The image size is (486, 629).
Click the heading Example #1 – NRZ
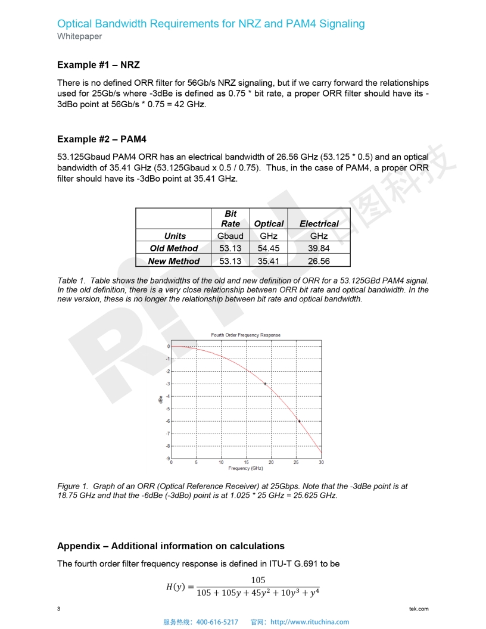pos(98,64)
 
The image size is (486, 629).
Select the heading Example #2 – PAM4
pos(101,139)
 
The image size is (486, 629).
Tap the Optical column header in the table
pos(269,223)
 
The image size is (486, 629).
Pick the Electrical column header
pos(319,223)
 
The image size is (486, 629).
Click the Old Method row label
pos(174,248)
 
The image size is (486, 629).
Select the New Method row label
pos(174,261)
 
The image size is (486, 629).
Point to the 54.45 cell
pos(269,248)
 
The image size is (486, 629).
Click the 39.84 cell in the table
pos(319,248)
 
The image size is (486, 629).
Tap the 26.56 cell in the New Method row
pos(319,261)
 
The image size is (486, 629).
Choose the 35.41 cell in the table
pos(269,261)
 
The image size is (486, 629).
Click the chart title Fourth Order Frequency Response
pos(245,335)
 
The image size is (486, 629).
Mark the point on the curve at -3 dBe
pos(265,384)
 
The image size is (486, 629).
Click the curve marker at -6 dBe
pos(299,421)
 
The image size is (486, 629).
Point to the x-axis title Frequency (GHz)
pos(245,468)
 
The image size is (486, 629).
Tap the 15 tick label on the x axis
pos(246,462)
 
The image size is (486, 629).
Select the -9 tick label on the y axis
pos(168,458)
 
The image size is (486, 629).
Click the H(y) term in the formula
pos(176,587)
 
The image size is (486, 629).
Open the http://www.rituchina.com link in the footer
pos(310,622)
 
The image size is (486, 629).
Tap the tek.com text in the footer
pos(419,609)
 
